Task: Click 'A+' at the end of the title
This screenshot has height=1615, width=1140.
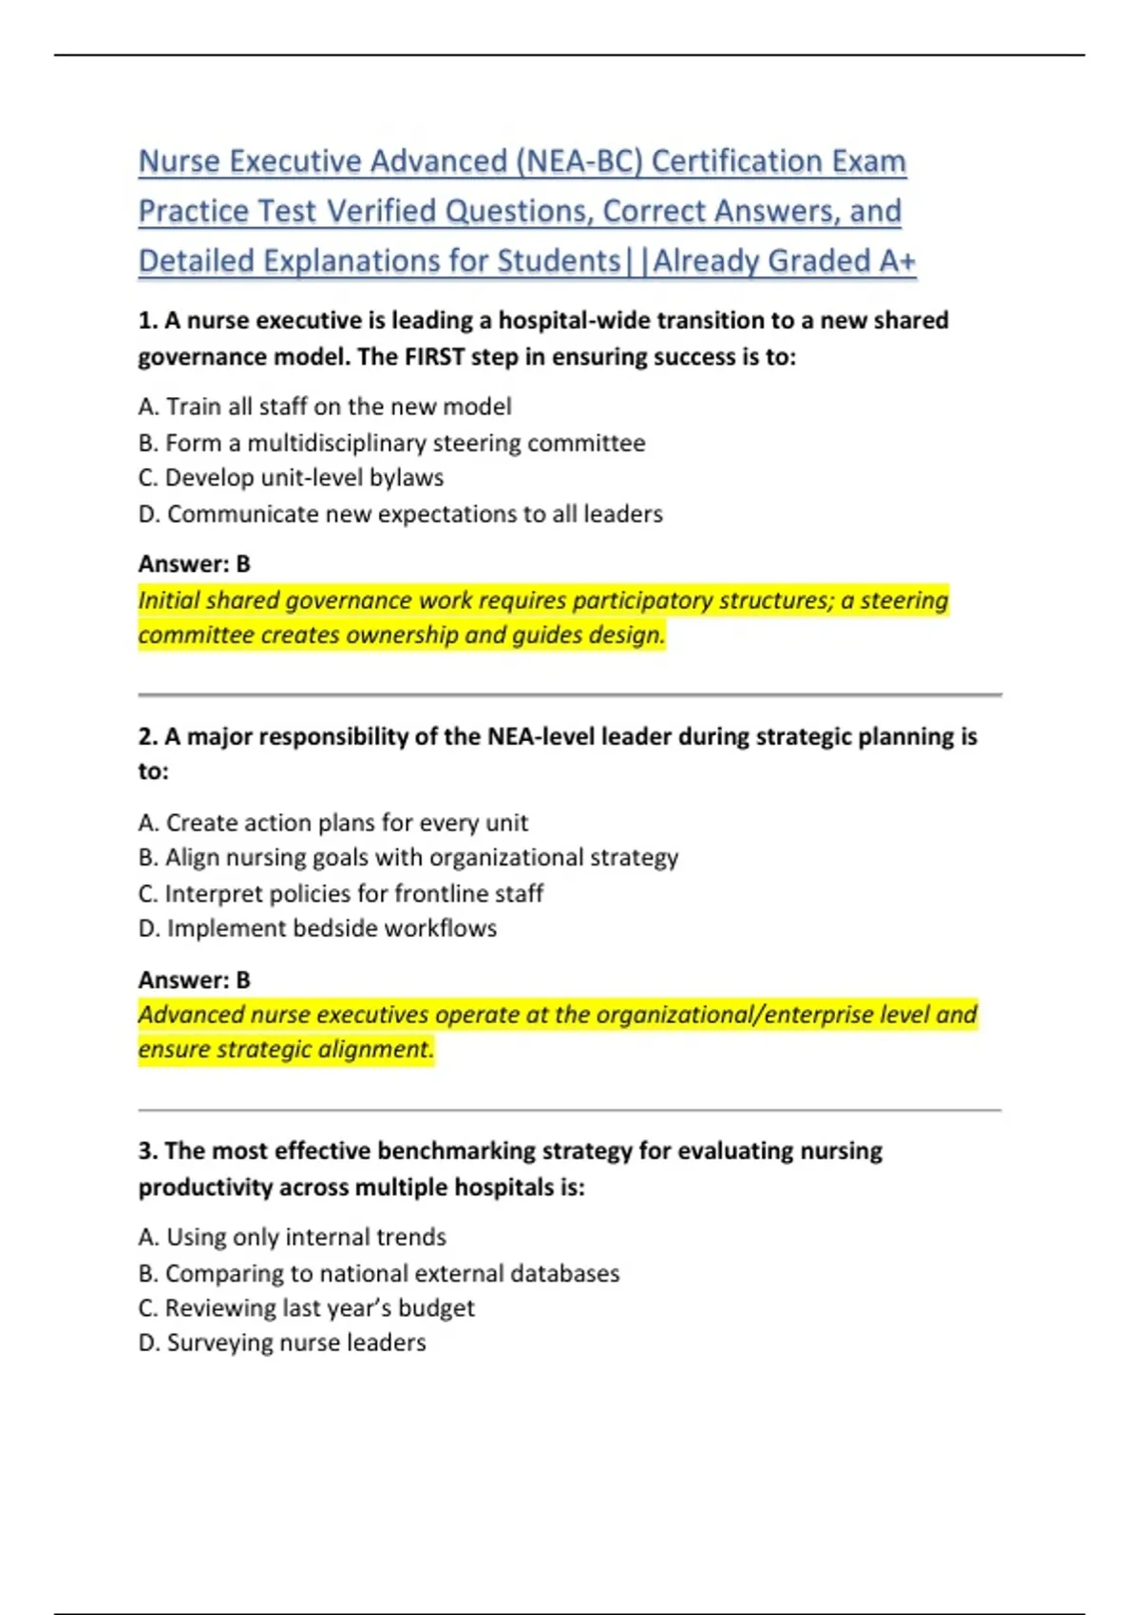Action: coord(897,261)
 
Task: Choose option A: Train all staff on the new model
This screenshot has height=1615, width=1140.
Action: coord(325,407)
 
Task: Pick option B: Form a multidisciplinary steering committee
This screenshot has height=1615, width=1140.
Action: coord(391,443)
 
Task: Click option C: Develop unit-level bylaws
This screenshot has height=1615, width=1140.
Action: coord(291,478)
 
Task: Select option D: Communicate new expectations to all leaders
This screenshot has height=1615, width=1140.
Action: coord(400,514)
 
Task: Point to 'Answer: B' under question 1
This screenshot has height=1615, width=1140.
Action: coord(194,564)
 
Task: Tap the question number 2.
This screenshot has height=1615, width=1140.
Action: coord(147,736)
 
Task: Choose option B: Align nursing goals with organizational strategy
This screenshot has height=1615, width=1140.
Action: coord(408,858)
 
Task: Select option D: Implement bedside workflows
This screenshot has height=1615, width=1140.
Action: coord(317,928)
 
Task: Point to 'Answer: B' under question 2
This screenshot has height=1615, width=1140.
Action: coord(194,979)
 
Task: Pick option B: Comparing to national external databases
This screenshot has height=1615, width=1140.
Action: coord(379,1273)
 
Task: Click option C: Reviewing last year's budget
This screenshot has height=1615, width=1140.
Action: coord(306,1308)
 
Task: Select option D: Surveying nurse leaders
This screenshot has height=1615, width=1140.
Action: coord(282,1343)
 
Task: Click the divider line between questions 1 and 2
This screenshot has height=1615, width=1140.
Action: coord(570,695)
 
